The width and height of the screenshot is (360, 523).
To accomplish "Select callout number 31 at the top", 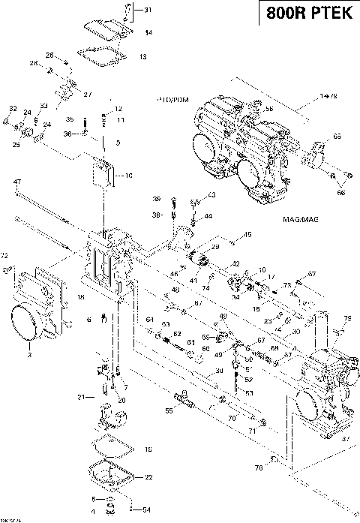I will click(x=147, y=10).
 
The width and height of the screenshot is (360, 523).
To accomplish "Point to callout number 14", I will click(x=148, y=33).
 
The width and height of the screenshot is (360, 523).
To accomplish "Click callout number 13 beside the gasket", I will click(x=143, y=56).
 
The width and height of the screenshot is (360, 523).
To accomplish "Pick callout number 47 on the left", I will click(x=16, y=182).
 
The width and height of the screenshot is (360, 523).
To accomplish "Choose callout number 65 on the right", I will click(x=337, y=137).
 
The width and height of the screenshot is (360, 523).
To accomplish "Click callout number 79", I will click(x=346, y=320).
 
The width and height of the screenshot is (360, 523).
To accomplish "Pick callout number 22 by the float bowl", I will click(x=148, y=476).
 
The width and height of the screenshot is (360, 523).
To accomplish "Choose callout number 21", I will click(x=81, y=396).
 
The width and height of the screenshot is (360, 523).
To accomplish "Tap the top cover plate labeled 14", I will click(x=103, y=28).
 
